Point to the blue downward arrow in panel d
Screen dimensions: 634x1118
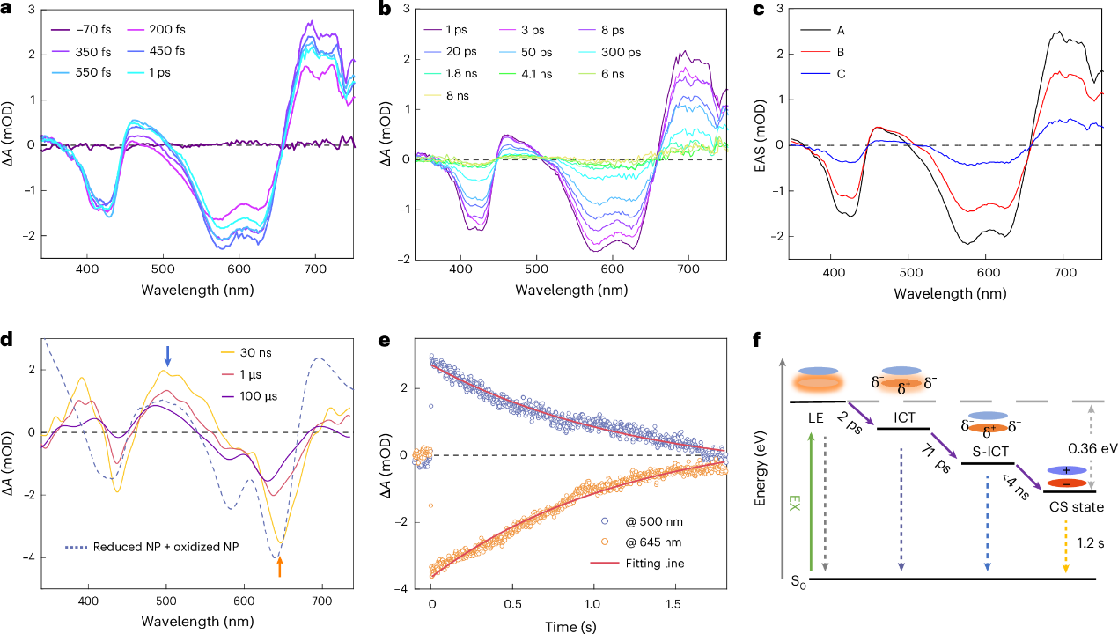click(x=168, y=357)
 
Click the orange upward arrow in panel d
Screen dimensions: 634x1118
click(x=280, y=568)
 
